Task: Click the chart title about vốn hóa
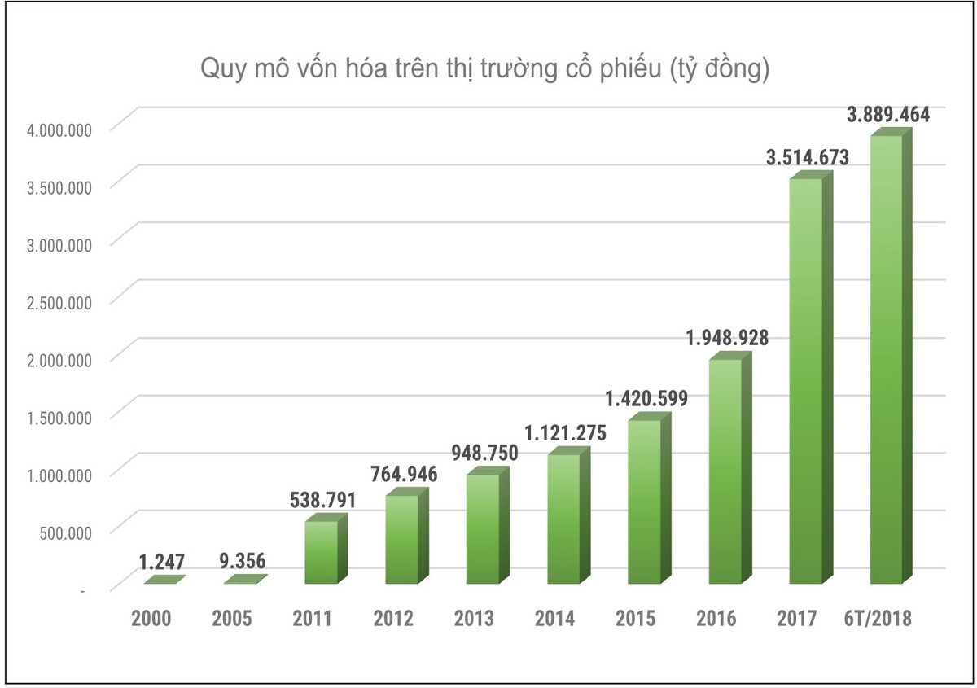[485, 70]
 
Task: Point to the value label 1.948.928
[726, 337]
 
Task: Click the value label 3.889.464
[888, 115]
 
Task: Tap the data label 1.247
[161, 562]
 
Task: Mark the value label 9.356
[242, 562]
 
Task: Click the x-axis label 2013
[474, 619]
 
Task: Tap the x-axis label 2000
[151, 619]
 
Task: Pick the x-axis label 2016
[716, 619]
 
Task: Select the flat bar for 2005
[245, 580]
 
